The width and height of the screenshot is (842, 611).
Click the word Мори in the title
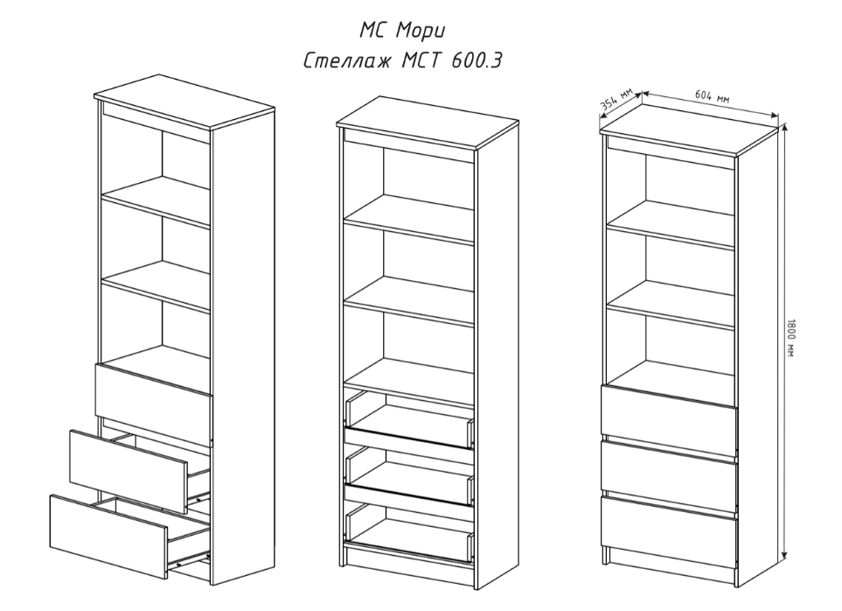coord(421,31)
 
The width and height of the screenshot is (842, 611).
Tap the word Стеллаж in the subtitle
coord(347,61)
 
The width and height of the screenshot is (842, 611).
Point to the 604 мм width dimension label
coord(713,95)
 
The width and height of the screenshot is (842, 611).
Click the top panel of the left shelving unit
coord(184,104)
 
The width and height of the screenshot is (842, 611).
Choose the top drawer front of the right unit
coord(669,418)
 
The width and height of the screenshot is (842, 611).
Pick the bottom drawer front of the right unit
coord(669,530)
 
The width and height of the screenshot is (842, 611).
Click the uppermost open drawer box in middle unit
coord(409,418)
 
